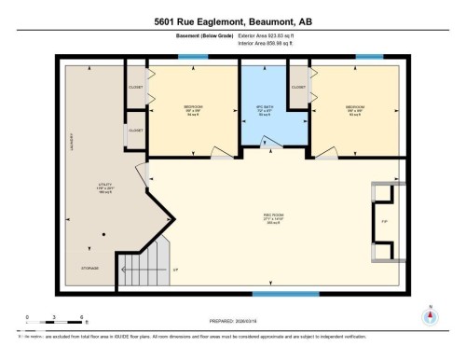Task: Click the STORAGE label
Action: (x=89, y=267)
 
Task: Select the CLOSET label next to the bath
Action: (x=298, y=87)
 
